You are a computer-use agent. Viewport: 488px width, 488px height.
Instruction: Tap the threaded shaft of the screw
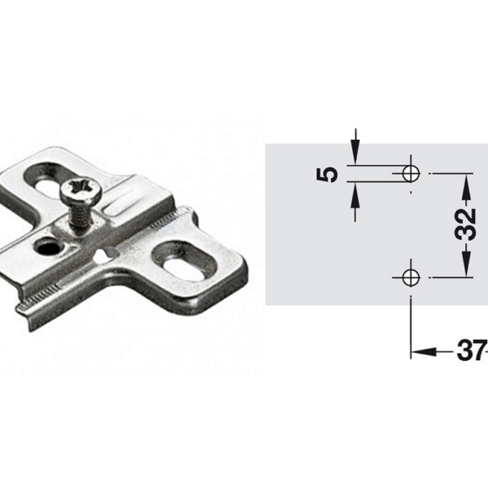(80, 216)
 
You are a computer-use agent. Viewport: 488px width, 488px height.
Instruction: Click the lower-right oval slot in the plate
(184, 262)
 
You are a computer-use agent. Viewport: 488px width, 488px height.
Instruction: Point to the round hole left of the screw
(48, 248)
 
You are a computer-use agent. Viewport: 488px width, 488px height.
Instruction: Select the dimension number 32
(465, 224)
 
